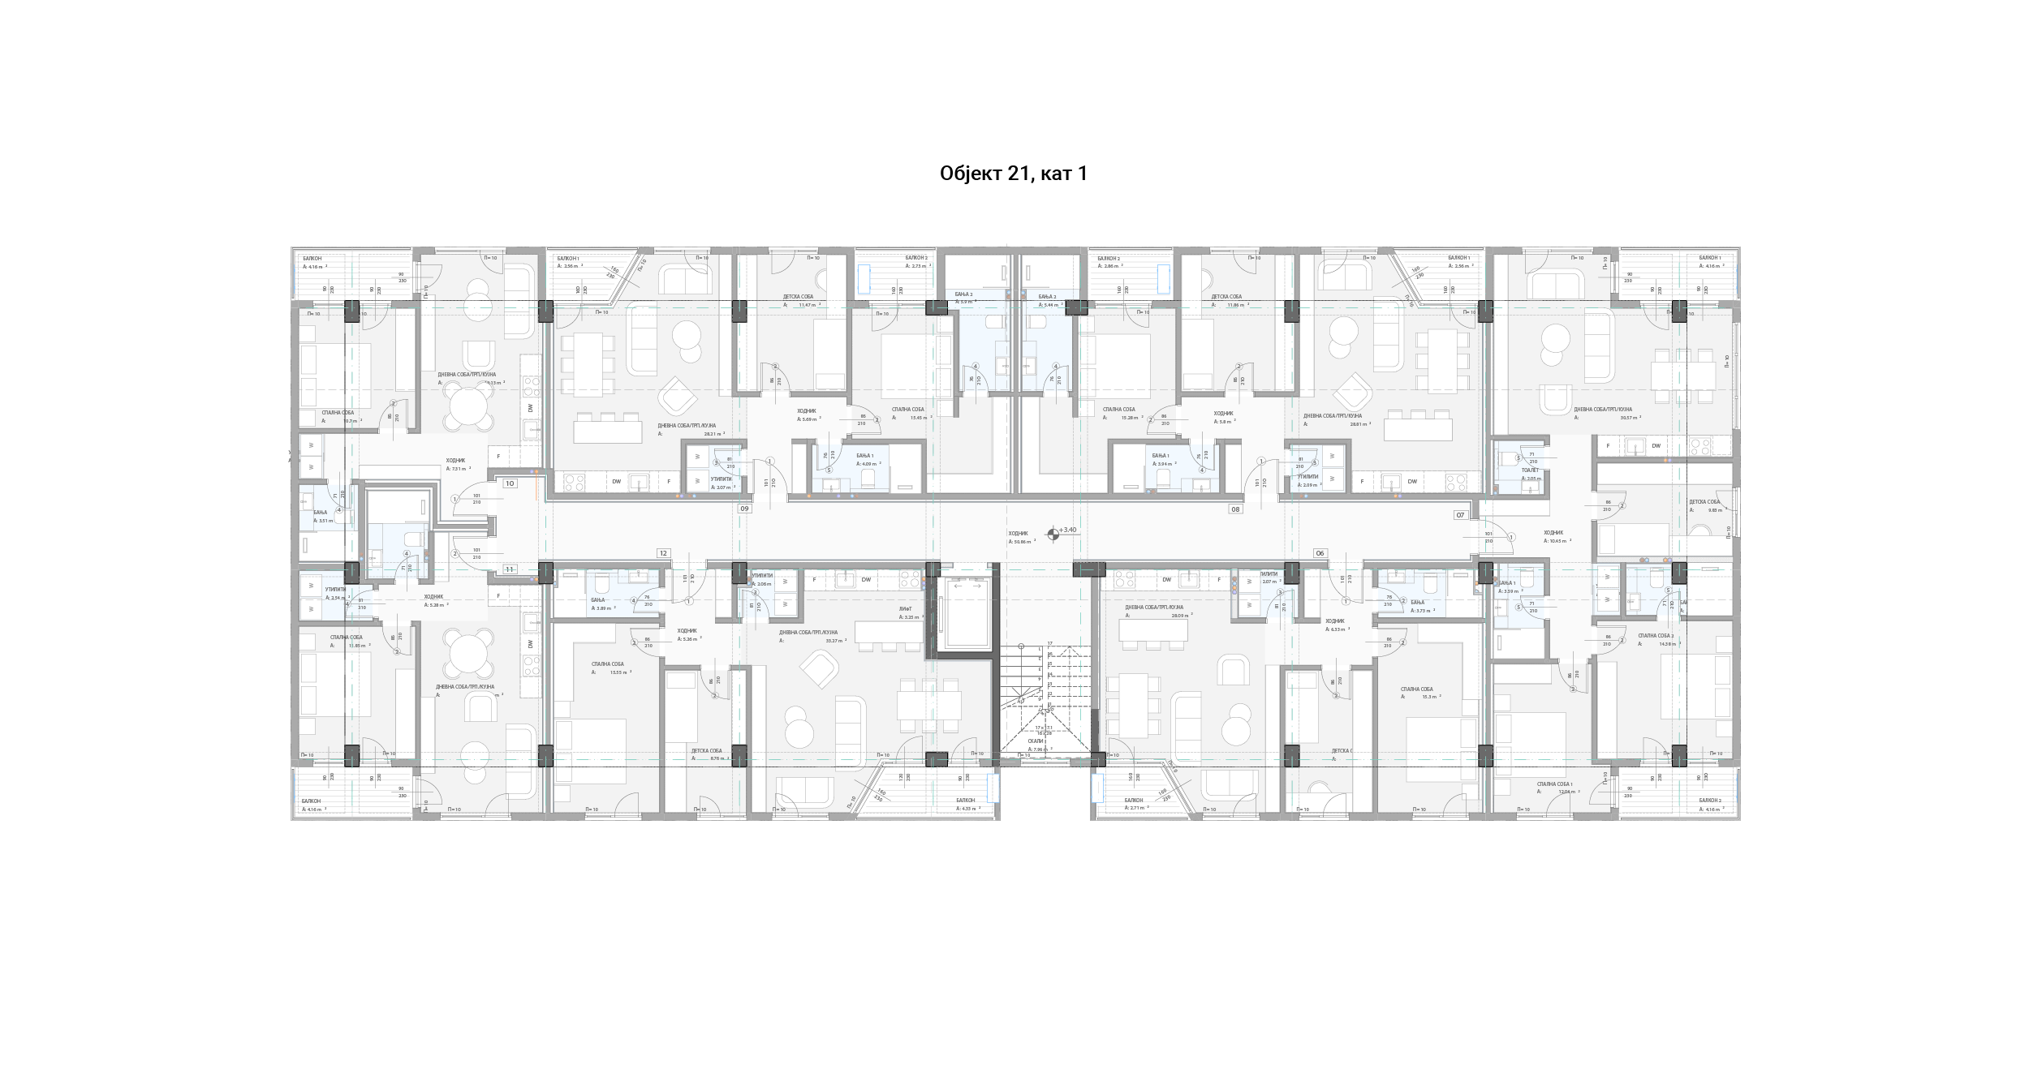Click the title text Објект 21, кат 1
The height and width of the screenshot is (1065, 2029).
click(1013, 174)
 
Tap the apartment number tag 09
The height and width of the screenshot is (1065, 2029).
click(743, 509)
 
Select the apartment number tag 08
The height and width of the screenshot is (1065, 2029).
click(1235, 509)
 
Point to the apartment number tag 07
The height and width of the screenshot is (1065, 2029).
click(1460, 515)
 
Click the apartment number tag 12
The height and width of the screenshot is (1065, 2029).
click(663, 553)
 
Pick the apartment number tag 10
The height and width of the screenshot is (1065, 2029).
click(510, 483)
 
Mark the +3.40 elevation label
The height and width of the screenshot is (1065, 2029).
click(1067, 530)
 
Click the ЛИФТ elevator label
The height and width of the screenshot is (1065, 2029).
click(905, 608)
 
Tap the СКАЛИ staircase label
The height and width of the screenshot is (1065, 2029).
click(1035, 741)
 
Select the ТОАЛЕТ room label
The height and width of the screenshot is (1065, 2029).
click(1529, 470)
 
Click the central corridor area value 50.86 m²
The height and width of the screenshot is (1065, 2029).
click(1022, 541)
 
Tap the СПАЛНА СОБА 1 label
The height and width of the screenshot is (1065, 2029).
click(1554, 784)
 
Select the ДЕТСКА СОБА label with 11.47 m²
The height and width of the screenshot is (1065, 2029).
click(798, 297)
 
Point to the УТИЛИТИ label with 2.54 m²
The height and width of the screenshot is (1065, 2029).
click(335, 590)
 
